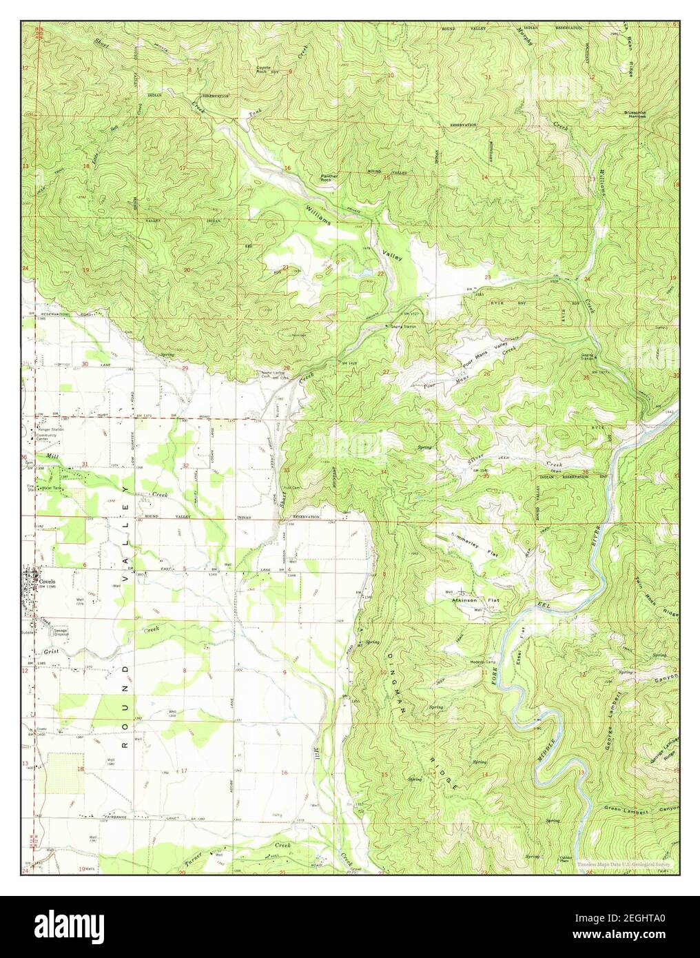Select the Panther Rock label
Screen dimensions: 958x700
point(329,177)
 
